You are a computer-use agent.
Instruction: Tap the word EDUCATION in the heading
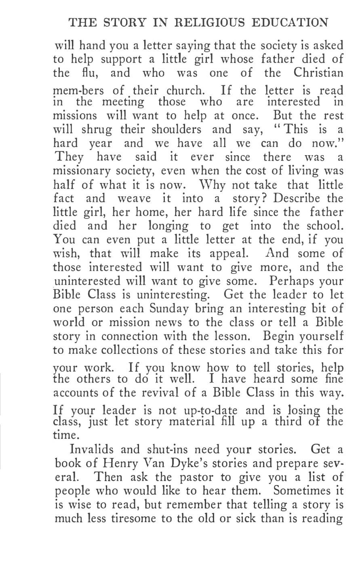tap(295, 23)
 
